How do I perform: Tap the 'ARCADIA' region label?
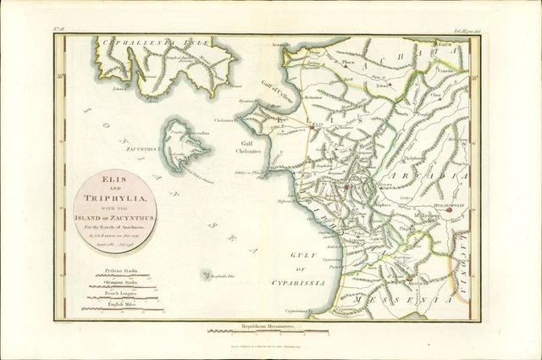440,175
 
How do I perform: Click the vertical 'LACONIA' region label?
465,254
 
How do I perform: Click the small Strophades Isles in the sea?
206,274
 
